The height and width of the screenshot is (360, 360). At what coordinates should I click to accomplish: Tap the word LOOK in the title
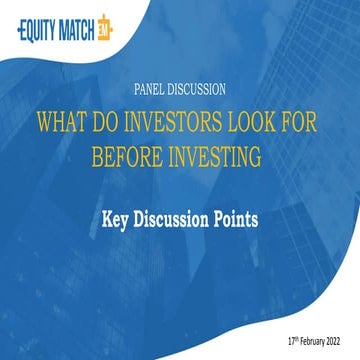(x=253, y=121)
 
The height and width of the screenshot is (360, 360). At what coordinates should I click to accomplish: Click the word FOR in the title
(x=303, y=121)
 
